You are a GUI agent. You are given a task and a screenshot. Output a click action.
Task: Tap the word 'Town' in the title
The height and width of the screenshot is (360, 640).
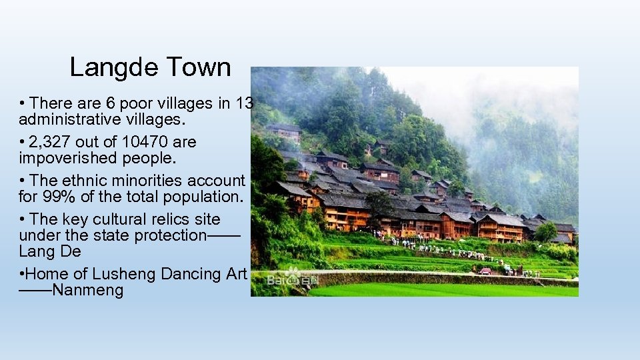pos(199,67)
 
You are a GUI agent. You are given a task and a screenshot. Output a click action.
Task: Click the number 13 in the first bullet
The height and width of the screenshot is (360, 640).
pos(245,103)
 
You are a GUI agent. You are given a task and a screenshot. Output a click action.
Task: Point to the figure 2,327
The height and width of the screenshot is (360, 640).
pos(51,142)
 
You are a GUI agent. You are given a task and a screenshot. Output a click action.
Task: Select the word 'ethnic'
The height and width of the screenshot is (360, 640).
pos(85,181)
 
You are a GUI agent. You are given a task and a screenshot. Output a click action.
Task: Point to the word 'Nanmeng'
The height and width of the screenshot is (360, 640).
pos(88,291)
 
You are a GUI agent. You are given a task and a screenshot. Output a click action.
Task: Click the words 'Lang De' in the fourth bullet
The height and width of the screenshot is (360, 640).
pos(50,251)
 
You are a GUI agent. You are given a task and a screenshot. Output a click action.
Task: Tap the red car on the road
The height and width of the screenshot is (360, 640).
pos(485,271)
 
